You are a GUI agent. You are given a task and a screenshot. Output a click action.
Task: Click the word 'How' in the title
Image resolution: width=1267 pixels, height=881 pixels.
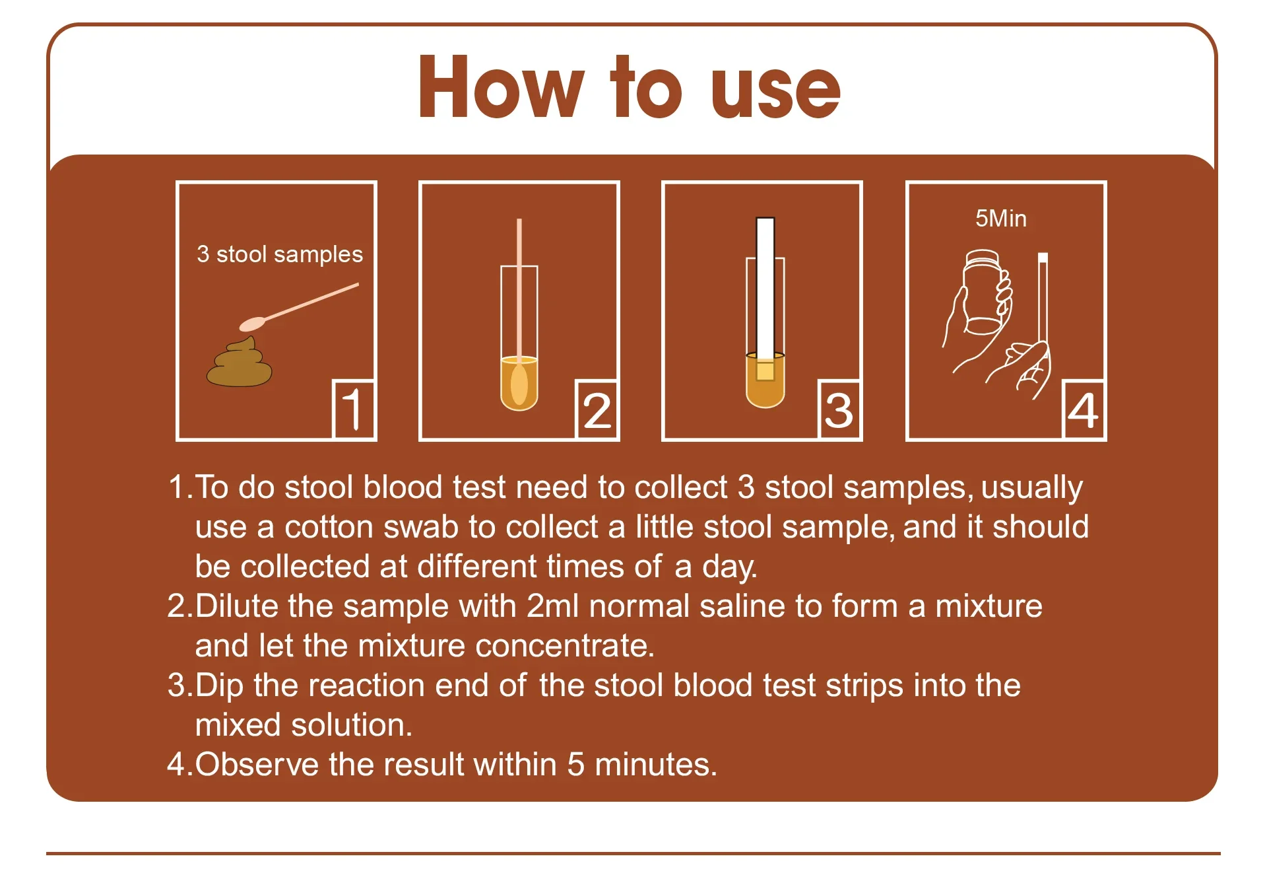click(x=502, y=88)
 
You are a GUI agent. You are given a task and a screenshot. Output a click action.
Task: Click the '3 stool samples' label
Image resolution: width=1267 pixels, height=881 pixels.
click(x=280, y=254)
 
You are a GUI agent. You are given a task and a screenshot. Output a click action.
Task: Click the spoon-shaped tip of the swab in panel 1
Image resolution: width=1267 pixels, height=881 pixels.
click(x=252, y=324)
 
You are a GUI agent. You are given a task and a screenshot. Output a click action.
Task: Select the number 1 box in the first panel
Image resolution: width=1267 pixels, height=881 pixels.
click(x=354, y=409)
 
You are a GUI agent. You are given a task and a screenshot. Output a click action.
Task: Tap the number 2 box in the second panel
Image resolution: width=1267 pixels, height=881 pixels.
click(x=597, y=409)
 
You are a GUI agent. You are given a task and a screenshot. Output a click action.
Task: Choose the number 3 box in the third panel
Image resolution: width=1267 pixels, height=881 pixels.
click(x=839, y=409)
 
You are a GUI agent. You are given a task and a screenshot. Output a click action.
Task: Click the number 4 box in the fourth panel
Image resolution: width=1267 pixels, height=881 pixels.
click(x=1083, y=409)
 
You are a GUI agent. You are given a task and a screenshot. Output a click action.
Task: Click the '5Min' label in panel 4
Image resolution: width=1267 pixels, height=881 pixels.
click(x=1001, y=219)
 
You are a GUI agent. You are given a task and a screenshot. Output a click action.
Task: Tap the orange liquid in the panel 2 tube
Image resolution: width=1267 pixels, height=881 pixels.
click(x=519, y=383)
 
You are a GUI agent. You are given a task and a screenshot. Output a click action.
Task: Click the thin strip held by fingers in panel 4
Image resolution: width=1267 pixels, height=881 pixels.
click(x=1043, y=297)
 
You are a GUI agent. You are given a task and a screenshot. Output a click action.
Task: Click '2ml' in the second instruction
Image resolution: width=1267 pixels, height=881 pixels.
click(x=553, y=606)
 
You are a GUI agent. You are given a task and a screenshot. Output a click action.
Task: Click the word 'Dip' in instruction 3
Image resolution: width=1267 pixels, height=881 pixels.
click(x=219, y=686)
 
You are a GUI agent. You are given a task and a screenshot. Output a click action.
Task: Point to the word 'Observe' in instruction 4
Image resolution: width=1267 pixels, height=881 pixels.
click(x=257, y=765)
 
